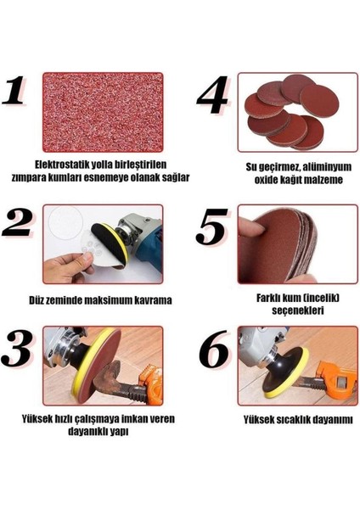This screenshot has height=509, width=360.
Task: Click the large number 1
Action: point(14,91)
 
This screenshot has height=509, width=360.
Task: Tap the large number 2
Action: point(18,222)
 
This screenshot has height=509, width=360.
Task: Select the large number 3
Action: point(17,349)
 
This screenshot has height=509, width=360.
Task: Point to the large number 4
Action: point(213,95)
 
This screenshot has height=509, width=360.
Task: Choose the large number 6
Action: point(213,349)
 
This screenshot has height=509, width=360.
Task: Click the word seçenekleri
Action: point(298,310)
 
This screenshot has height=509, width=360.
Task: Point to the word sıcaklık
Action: point(297,420)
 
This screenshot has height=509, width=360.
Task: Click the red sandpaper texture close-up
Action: point(103,112)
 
